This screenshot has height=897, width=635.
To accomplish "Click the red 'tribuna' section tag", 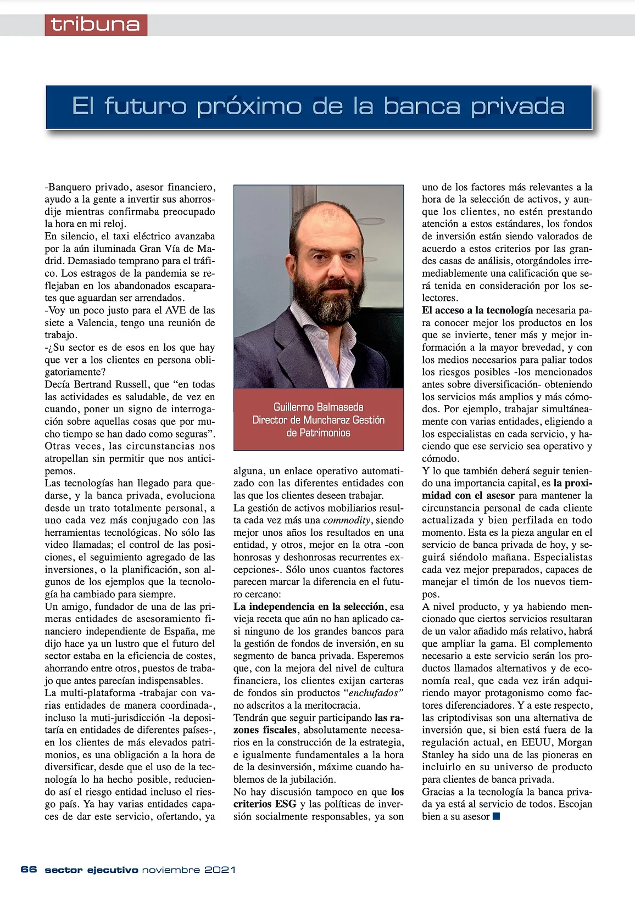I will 96,25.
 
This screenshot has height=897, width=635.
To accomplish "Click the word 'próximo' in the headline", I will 249,106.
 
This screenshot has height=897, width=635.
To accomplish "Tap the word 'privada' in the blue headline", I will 517,106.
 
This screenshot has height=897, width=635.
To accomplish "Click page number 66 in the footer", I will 29,870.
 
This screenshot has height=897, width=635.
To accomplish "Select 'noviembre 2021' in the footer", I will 188,870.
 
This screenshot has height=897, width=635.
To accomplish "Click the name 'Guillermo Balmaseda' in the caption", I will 318,407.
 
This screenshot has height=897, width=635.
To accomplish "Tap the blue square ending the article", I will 497,816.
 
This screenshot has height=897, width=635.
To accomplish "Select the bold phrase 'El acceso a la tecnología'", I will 477,310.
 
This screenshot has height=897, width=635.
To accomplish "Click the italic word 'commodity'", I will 347,520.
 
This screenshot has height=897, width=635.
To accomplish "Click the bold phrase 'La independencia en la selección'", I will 308,607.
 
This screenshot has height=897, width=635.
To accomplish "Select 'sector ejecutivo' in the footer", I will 91,870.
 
